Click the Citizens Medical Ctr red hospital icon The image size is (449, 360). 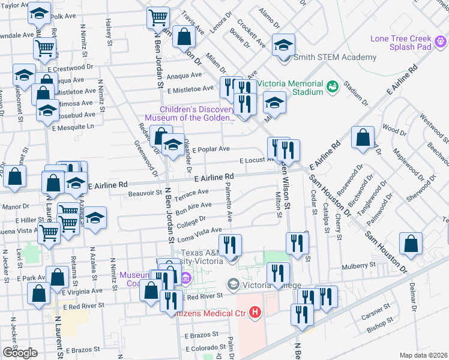[255, 312]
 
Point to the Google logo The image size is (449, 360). [20, 353]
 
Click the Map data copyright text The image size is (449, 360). [424, 355]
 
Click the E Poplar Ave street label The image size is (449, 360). [211, 149]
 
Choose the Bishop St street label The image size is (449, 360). [379, 328]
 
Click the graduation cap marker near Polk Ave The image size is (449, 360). [39, 13]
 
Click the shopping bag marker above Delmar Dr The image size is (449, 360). [411, 244]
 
